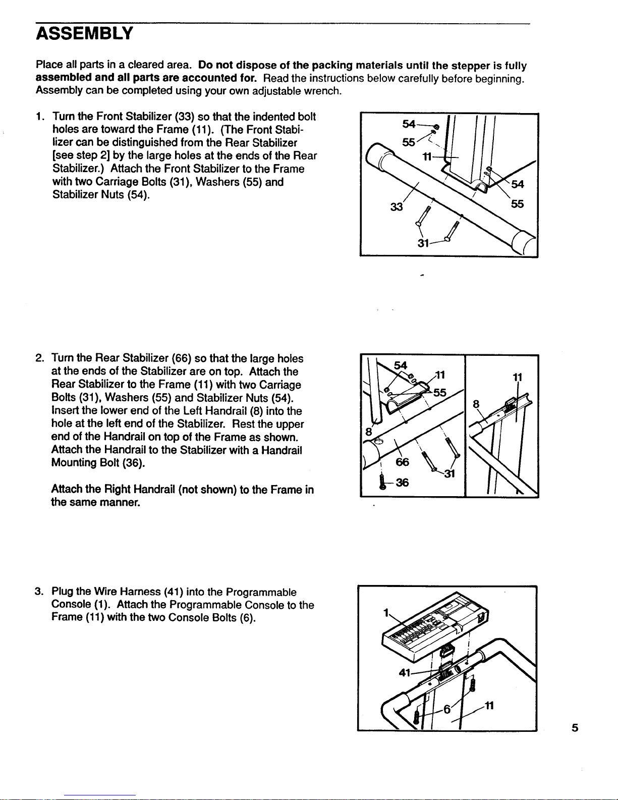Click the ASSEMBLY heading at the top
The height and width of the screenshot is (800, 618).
click(84, 33)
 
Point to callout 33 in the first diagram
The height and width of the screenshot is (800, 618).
click(397, 207)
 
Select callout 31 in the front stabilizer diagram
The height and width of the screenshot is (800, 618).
click(423, 243)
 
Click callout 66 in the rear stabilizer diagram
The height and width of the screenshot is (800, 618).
click(402, 462)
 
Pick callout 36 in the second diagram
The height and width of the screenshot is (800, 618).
click(402, 483)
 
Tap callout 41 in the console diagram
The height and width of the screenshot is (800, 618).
click(405, 672)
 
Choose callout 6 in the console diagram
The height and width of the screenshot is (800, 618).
click(446, 709)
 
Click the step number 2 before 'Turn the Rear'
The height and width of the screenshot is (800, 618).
click(39, 359)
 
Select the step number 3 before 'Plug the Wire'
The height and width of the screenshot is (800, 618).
click(39, 592)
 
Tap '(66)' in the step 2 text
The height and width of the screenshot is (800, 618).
click(181, 359)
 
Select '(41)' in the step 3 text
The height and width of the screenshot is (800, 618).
click(173, 592)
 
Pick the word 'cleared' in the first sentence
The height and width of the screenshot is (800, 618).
click(145, 65)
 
